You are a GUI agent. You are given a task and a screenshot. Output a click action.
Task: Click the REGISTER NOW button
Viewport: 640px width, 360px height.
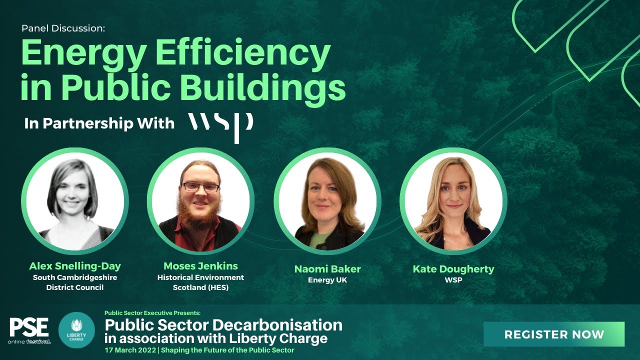coord(554,334)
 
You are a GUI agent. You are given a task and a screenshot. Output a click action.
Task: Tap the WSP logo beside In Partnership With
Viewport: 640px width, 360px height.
coord(220,124)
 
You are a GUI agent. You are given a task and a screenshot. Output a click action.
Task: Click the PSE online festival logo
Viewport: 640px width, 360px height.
coord(29,331)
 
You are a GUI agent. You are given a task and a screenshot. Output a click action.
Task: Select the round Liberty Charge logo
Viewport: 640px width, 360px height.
coord(76,330)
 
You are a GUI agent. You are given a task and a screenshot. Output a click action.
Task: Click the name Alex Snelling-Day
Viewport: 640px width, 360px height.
coord(75,266)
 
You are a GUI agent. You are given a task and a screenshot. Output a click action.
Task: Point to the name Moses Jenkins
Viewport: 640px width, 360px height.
coord(200,266)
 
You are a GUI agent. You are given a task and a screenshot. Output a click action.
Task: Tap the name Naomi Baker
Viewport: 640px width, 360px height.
coord(327,269)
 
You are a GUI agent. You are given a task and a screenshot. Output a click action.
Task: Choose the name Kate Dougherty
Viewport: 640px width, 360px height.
coord(453,269)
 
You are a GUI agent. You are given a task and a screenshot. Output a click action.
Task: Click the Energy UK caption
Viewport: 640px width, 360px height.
coord(327,280)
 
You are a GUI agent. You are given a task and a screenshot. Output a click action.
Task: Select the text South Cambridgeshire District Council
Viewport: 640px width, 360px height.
coord(75,282)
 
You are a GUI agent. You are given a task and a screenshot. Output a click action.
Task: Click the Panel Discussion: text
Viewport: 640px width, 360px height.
coord(63,28)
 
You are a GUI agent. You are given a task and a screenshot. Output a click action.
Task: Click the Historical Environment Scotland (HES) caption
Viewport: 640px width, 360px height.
coord(200,282)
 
